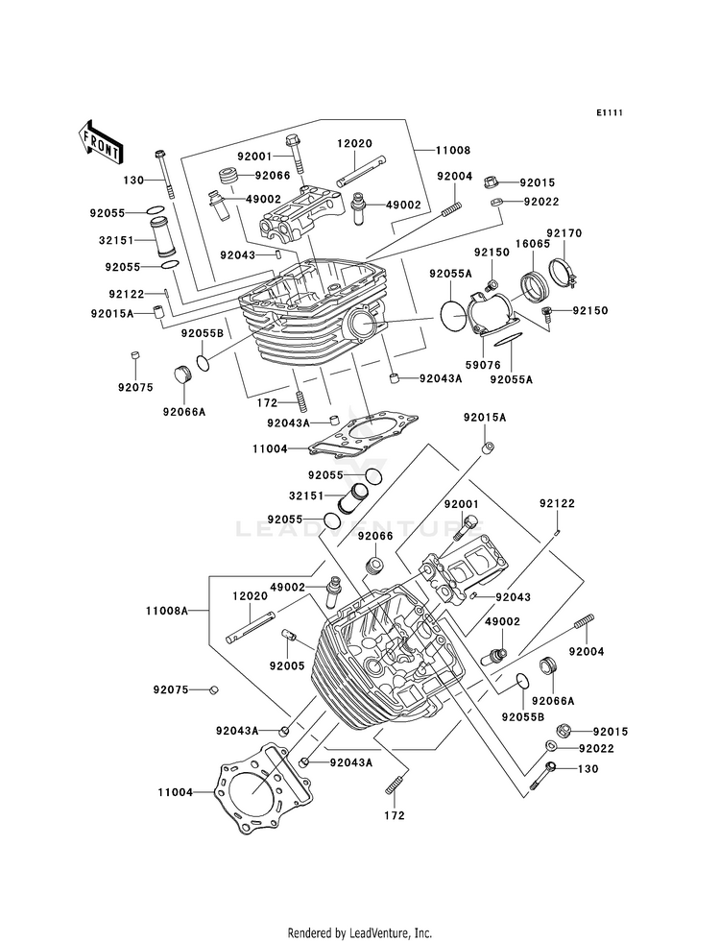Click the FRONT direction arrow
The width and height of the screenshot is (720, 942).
[100, 142]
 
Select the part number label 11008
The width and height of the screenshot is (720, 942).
[453, 150]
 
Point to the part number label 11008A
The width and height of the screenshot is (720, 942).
[167, 611]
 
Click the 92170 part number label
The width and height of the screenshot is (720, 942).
[564, 233]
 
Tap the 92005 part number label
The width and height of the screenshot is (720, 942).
[287, 665]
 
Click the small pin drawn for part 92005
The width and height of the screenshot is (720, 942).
[287, 635]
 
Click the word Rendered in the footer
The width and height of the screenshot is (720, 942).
[308, 933]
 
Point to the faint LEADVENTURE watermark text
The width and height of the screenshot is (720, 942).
[360, 529]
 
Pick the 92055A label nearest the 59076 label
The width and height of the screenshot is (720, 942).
[512, 379]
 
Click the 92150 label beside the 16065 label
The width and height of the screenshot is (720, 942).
[492, 253]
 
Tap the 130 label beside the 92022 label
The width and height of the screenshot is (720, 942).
[588, 769]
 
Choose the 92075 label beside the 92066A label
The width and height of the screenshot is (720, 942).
[135, 388]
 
